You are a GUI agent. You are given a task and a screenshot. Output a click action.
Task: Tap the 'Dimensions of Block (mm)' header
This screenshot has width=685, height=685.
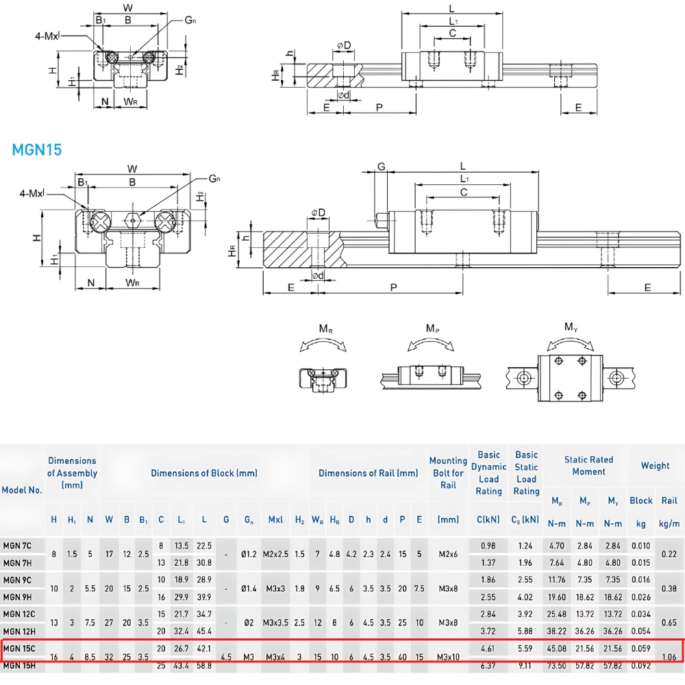click(204, 473)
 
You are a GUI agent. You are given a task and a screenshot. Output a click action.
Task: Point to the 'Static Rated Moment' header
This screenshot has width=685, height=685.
click(588, 466)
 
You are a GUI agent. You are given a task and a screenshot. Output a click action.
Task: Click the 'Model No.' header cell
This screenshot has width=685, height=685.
click(22, 490)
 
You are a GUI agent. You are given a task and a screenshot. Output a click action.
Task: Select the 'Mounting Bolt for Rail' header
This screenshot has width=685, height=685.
click(448, 473)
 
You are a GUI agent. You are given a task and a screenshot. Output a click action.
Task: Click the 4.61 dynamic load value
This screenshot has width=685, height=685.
click(488, 647)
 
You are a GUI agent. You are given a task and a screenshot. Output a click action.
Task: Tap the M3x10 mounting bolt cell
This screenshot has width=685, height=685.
click(448, 656)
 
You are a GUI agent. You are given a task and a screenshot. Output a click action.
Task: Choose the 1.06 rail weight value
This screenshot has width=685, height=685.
click(669, 656)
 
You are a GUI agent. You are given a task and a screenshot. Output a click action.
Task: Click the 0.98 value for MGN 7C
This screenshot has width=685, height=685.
click(488, 545)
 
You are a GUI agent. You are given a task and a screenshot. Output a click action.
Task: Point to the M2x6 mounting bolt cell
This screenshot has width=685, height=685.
click(448, 554)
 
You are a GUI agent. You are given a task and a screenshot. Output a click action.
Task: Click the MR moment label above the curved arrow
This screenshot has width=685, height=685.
click(326, 329)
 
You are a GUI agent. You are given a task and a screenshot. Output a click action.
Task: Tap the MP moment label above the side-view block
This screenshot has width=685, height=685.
click(432, 329)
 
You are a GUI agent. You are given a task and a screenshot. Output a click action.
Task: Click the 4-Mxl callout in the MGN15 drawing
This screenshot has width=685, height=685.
click(31, 194)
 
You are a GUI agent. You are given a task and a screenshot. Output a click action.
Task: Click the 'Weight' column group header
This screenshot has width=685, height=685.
click(655, 466)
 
